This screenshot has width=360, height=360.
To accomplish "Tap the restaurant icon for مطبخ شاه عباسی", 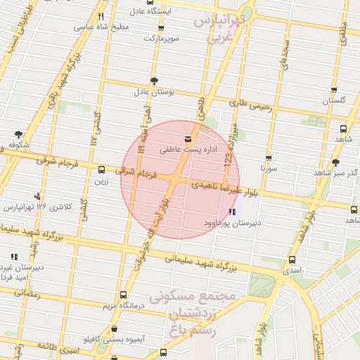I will click(101, 15).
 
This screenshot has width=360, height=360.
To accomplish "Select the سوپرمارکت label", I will click(159, 37).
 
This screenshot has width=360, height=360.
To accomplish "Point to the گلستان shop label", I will click(335, 101).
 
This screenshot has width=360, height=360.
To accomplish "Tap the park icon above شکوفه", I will click(18, 134).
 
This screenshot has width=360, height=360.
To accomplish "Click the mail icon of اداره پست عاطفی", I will click(186, 139).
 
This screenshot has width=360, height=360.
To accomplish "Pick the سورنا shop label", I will click(269, 169).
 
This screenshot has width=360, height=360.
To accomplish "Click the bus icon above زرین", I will click(103, 169).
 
